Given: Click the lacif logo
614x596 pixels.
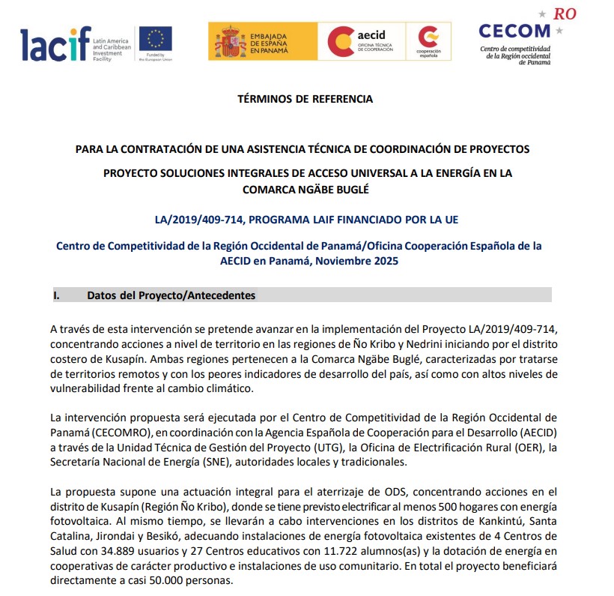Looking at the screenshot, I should tap(55, 43).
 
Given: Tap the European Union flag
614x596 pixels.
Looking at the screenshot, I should tap(155, 39).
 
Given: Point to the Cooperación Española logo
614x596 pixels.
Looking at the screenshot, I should tap(429, 41).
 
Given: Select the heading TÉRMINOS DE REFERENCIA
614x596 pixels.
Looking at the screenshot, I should tap(305, 99).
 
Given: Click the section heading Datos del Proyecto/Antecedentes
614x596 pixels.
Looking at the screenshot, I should tap(171, 295).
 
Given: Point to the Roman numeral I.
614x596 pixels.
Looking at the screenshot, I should tap(56, 295).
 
